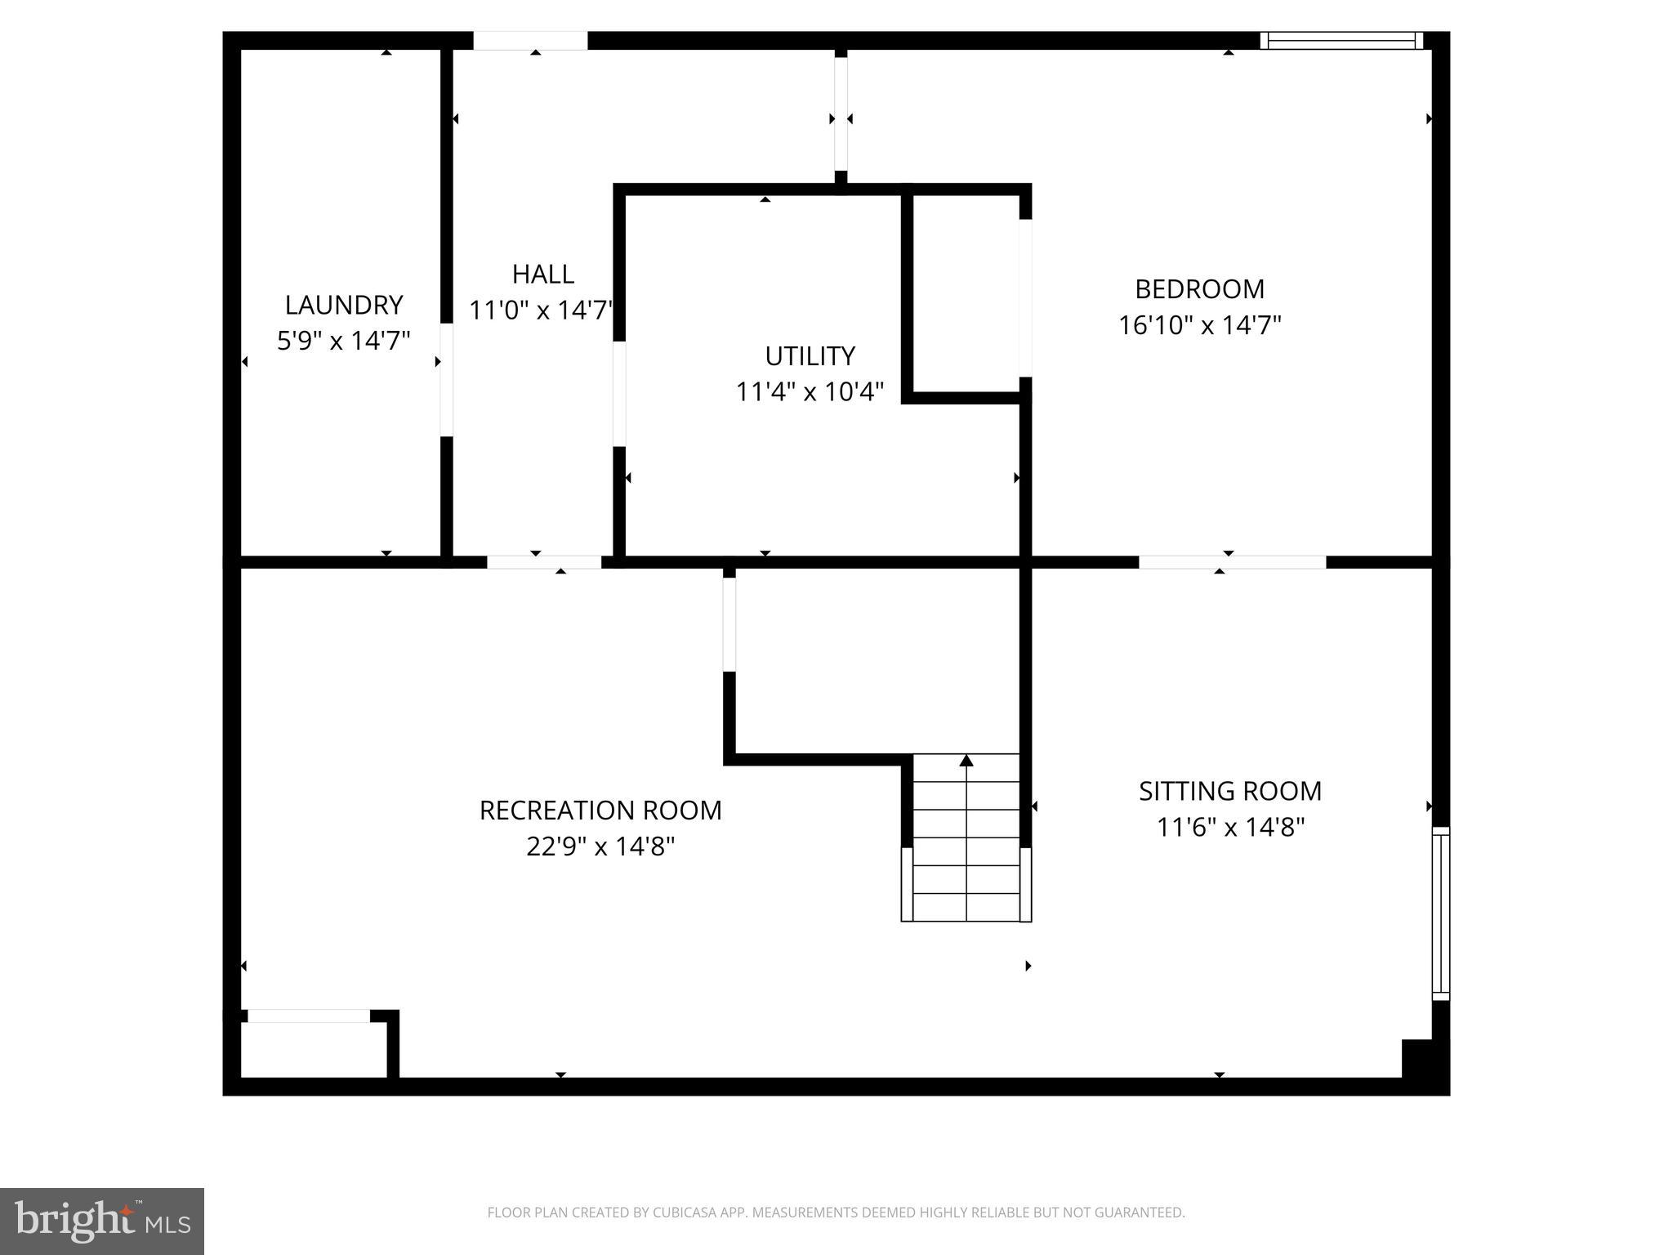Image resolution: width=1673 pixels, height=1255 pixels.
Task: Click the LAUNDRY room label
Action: coord(343,305)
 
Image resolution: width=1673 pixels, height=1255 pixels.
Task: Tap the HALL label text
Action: coord(542,274)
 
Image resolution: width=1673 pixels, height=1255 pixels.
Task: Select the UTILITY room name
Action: coord(810,356)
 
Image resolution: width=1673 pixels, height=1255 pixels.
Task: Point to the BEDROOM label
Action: coord(1199,289)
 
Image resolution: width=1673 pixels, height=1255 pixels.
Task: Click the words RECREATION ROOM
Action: coord(600,811)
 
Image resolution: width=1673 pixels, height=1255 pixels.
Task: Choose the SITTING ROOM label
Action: coord(1230,791)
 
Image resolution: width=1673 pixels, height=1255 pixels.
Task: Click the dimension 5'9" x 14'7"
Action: coord(343,341)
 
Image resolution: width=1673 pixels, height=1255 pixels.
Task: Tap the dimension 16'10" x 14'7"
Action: coord(1199,325)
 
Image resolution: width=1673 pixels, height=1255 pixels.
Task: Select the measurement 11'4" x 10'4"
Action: coord(810,392)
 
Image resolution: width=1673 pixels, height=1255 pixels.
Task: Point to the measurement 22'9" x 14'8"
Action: coord(600,846)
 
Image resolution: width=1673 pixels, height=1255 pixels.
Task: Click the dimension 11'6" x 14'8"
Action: coord(1230,828)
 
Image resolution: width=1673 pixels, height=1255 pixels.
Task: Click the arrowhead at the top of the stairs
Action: coord(966,761)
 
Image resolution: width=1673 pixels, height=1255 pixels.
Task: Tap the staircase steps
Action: coord(966,850)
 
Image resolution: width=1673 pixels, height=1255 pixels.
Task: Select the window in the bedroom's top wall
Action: coord(1341,41)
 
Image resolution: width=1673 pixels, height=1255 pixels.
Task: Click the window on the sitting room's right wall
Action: coord(1441,913)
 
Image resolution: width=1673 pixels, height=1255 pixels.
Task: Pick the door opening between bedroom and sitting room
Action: coord(1232,562)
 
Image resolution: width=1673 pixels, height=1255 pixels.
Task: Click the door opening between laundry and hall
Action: coord(446,380)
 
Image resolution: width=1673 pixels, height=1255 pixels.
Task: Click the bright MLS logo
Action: coord(102,1221)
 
